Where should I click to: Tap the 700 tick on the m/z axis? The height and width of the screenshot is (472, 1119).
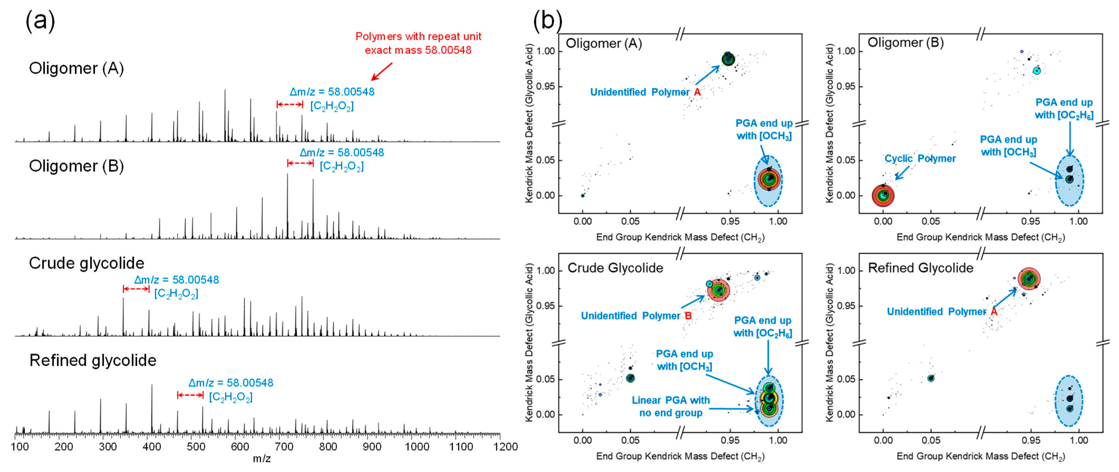[x=284, y=446]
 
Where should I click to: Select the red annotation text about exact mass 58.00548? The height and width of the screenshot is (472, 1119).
[x=418, y=43]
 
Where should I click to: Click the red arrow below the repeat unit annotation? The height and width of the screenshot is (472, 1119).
[x=381, y=72]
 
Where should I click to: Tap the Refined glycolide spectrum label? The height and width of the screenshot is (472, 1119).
[x=93, y=360]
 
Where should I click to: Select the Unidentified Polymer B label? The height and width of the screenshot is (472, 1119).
[x=636, y=316]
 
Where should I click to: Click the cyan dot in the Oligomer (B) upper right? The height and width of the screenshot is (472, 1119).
[x=1037, y=70]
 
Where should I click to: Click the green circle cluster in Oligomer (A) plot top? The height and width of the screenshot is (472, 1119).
[x=728, y=59]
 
